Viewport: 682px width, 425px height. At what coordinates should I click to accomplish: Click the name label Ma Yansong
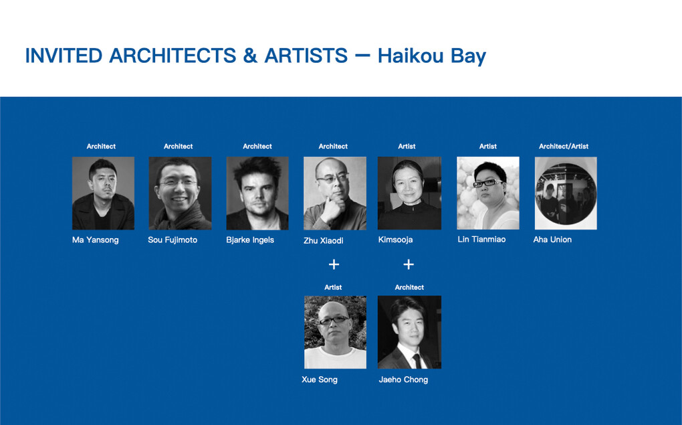[95, 240]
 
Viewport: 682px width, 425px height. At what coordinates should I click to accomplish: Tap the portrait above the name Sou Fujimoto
[180, 193]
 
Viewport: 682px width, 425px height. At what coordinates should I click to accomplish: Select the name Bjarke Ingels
[250, 240]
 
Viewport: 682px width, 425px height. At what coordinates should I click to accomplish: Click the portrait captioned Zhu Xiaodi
[334, 193]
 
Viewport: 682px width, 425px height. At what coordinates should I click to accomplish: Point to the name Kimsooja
[395, 240]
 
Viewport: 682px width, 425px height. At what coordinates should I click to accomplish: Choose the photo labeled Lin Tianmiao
[487, 193]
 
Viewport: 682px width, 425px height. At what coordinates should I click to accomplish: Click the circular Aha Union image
[565, 193]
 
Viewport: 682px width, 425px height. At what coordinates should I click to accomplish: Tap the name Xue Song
[320, 379]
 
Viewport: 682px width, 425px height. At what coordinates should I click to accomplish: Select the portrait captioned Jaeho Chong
[409, 332]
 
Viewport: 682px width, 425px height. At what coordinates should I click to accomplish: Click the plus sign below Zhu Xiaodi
[334, 264]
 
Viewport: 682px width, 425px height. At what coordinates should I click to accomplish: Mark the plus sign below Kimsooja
[409, 264]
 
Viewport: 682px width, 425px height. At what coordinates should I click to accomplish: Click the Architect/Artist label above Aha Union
[564, 146]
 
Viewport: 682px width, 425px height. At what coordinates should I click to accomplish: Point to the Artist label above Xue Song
[333, 287]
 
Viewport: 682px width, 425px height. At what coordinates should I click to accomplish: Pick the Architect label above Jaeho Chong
[409, 287]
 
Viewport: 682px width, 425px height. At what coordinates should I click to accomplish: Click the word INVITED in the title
[64, 56]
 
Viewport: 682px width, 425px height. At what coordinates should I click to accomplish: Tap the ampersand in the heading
[250, 56]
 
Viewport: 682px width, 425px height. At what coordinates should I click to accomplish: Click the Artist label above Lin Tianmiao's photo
[488, 146]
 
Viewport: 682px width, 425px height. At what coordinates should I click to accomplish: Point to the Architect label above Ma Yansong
[101, 146]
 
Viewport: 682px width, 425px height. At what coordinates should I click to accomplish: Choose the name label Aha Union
[552, 240]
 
